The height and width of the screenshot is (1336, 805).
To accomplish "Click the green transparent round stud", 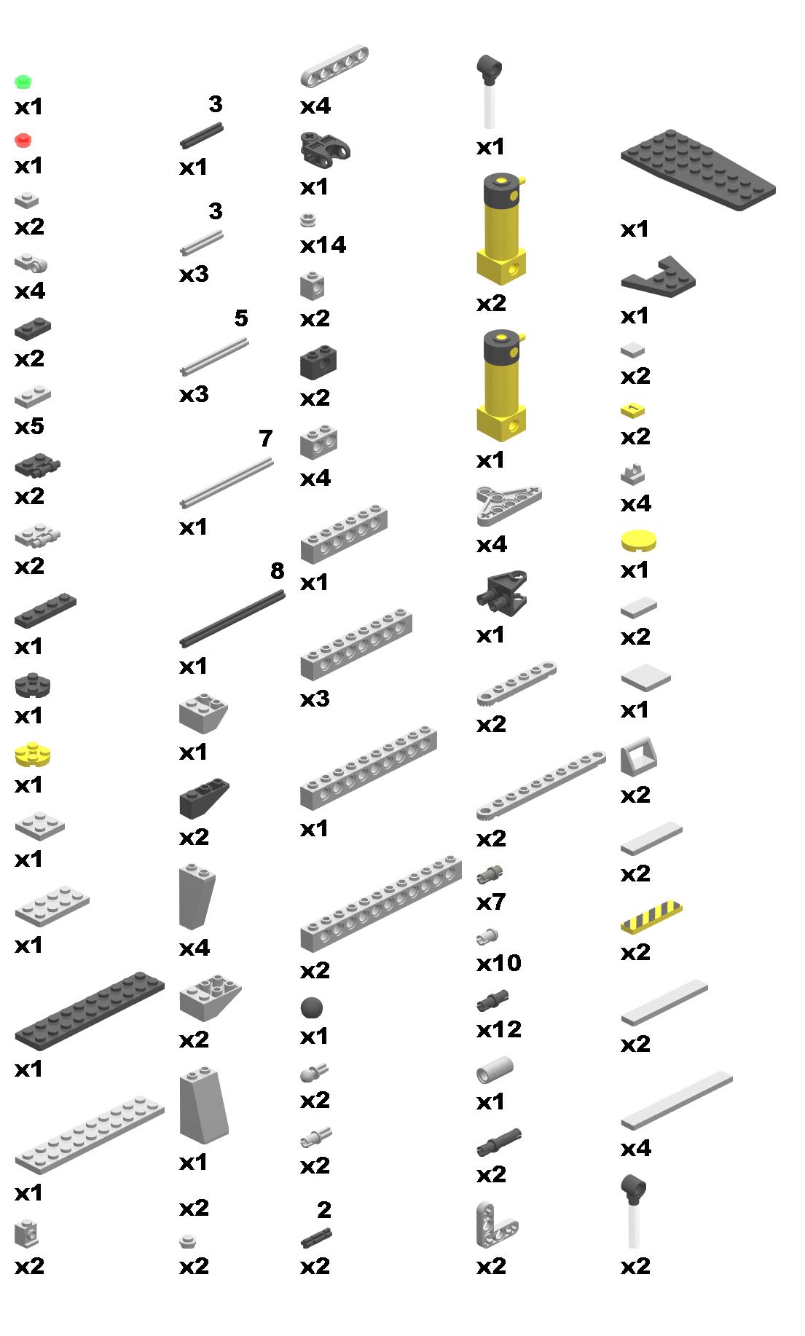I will point(23,81).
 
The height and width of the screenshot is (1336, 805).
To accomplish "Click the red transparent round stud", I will point(23,139).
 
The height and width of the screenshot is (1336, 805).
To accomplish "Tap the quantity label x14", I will point(323,245).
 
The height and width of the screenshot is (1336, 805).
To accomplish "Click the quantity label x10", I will point(498,963).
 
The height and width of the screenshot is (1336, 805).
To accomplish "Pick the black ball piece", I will point(311,1008).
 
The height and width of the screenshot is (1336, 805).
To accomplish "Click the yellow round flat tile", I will point(638,541).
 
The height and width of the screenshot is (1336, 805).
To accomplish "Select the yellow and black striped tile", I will point(651,919).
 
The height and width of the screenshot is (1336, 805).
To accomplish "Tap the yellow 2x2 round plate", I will point(32,755).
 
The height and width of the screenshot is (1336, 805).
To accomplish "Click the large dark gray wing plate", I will point(698,170).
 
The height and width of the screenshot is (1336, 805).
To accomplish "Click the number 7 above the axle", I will point(265,439).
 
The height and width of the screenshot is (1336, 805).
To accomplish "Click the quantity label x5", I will point(29,425).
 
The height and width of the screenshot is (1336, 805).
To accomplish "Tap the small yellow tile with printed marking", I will point(633,410).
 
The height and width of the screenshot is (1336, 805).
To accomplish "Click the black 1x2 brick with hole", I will point(318,363).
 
